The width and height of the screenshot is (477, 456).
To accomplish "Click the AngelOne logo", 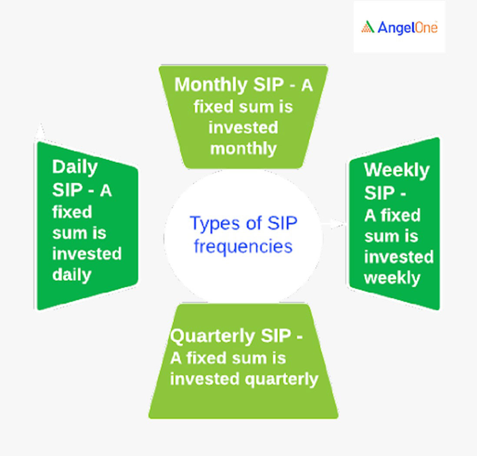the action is pos(399,27).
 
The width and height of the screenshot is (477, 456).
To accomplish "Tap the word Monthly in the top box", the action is pos(211,85).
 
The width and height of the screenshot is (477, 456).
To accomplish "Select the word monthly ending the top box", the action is pos(243,149).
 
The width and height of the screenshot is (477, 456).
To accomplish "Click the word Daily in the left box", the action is pos(75,167).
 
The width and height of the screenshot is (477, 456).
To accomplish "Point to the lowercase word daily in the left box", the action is pos(72,275).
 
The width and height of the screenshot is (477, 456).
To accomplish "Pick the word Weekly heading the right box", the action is pos(397,170).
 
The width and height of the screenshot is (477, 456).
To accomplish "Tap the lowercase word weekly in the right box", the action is pos(392,278).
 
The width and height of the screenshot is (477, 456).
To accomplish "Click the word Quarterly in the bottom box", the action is pos(212,337).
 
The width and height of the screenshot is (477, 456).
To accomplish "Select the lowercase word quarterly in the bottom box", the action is pos(282,380).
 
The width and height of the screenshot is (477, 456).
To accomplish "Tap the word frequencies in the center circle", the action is pos(243,246).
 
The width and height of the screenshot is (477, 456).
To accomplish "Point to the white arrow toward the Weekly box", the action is pos(334,224).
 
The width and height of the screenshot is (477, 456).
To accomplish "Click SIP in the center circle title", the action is pos(282,223).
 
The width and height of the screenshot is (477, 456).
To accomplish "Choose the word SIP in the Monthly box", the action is pos(268,84).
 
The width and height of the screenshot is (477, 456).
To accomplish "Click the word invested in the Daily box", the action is pos(87,254).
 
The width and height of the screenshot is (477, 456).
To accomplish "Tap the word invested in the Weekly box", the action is pos(399,257).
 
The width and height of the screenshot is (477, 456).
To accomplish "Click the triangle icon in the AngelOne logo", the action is pos(368,27).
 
